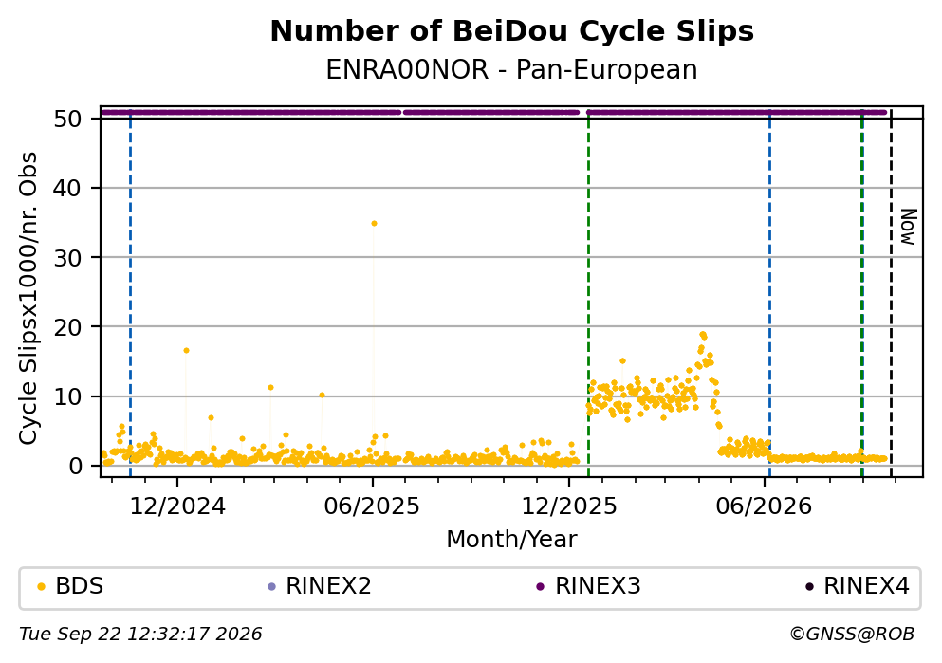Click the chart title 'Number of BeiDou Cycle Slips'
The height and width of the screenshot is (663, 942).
[x=512, y=31]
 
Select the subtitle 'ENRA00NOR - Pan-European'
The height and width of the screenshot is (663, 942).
[x=512, y=69]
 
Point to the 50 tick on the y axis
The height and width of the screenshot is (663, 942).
[x=67, y=119]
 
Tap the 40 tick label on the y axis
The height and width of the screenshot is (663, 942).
[x=67, y=188]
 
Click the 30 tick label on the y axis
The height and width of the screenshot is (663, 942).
[x=67, y=257]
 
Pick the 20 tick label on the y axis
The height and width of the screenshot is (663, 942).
[x=67, y=326]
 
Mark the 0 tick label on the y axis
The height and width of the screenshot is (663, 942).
[x=75, y=466]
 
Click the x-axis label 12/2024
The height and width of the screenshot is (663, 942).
[x=177, y=506]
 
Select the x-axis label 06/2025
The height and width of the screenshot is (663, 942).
[x=372, y=506]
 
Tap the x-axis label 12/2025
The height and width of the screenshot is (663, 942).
[x=569, y=506]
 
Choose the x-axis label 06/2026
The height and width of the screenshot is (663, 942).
[x=764, y=506]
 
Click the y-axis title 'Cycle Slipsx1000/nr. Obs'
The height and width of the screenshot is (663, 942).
[x=28, y=299]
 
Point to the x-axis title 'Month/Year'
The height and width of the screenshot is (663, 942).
[x=512, y=540]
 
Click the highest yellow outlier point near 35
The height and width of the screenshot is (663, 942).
[x=374, y=224]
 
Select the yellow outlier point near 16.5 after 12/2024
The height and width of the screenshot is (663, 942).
[x=186, y=351]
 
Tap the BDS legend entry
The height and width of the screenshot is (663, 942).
[x=71, y=586]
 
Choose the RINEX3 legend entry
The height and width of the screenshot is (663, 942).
[x=589, y=586]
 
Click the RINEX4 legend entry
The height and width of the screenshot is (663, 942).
[x=858, y=586]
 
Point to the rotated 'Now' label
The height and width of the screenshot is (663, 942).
[x=909, y=227]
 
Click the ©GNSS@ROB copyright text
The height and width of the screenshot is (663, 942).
[x=852, y=635]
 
